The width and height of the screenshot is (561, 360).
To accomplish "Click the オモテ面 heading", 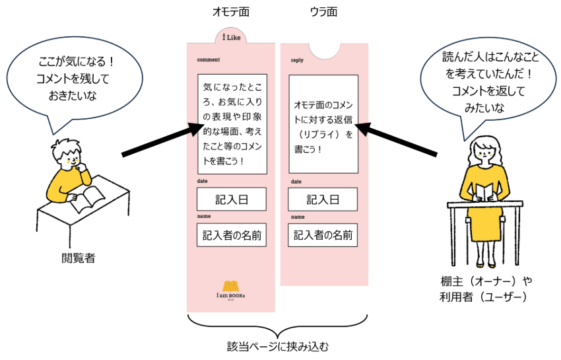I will [x=231, y=13].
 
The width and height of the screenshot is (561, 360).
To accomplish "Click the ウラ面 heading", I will [x=324, y=13].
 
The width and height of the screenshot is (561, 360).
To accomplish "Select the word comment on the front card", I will [x=208, y=60].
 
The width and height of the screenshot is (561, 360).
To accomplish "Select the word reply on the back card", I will [x=297, y=60].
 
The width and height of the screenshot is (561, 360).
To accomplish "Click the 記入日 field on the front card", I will [x=231, y=199].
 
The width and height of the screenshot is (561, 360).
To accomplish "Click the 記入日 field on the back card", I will [x=323, y=199].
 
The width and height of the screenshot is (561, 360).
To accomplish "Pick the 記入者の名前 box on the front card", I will [x=231, y=234].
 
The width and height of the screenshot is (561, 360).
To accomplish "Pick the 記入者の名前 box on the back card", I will [x=323, y=234].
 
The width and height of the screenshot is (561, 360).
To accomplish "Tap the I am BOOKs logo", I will [x=231, y=291].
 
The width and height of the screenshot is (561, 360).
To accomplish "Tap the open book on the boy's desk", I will [x=88, y=198].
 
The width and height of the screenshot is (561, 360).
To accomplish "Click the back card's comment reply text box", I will [x=323, y=124].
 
